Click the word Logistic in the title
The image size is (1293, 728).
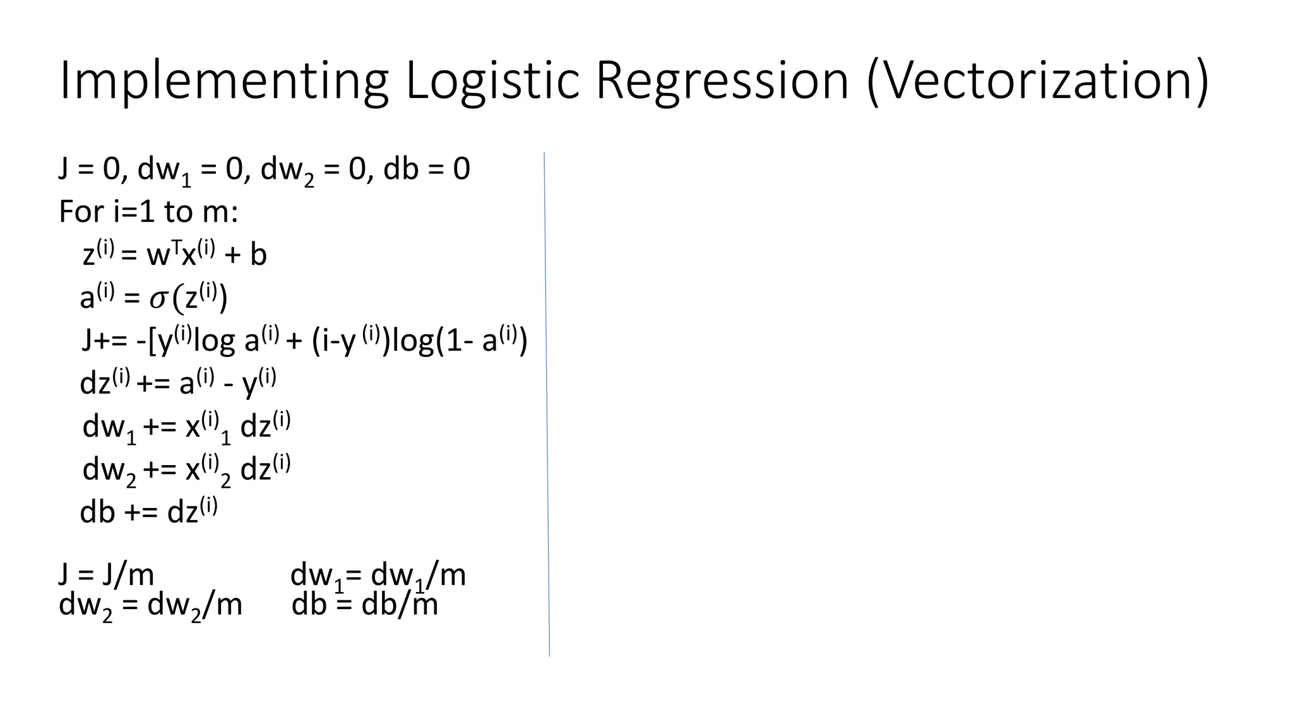[492, 81]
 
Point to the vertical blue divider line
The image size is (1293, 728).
[547, 404]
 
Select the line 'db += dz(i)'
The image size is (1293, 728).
[148, 511]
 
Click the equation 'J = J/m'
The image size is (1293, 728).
[106, 574]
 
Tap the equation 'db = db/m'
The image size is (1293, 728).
[364, 605]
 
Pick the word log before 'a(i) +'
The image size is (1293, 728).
[214, 341]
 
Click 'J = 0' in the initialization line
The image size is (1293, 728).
[88, 169]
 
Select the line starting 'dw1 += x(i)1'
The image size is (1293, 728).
[186, 427]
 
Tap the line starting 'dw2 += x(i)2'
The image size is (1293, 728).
[186, 470]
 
